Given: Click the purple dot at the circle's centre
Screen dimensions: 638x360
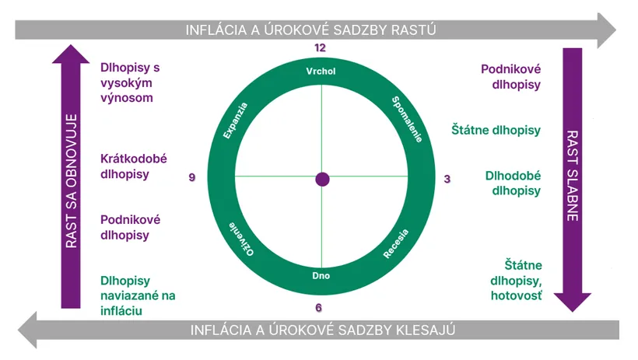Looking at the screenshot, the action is (322, 180).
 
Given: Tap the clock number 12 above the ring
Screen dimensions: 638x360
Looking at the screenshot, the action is (321, 48).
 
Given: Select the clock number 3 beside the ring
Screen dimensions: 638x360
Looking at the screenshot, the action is (447, 179).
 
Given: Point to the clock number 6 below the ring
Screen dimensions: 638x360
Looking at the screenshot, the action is (318, 308).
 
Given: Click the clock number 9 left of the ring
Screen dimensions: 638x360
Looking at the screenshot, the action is (192, 177).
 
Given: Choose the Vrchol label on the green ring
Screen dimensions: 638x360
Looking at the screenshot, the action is (321, 72).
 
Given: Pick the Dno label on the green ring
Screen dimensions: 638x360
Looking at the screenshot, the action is (321, 276).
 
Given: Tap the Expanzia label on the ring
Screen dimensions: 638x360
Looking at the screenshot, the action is (235, 121).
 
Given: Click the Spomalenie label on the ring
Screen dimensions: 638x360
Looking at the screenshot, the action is (407, 119).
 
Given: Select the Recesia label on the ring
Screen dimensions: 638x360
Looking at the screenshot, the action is (396, 243).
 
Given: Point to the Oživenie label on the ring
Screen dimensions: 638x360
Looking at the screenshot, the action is (241, 239).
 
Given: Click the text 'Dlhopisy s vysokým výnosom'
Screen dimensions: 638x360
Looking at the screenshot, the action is (130, 83).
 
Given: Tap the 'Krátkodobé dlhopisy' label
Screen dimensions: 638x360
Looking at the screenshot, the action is (134, 166).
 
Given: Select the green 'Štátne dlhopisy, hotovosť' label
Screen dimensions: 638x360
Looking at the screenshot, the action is (516, 281).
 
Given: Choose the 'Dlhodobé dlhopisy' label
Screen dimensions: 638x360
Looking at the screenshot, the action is (513, 183).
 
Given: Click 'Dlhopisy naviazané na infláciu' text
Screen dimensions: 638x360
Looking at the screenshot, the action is (138, 295).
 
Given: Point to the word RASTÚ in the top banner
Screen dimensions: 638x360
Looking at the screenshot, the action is (413, 30).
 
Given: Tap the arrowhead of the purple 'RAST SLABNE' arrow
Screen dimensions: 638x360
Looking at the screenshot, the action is (572, 302).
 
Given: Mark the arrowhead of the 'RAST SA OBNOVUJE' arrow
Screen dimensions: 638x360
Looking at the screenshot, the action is (71, 54).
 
